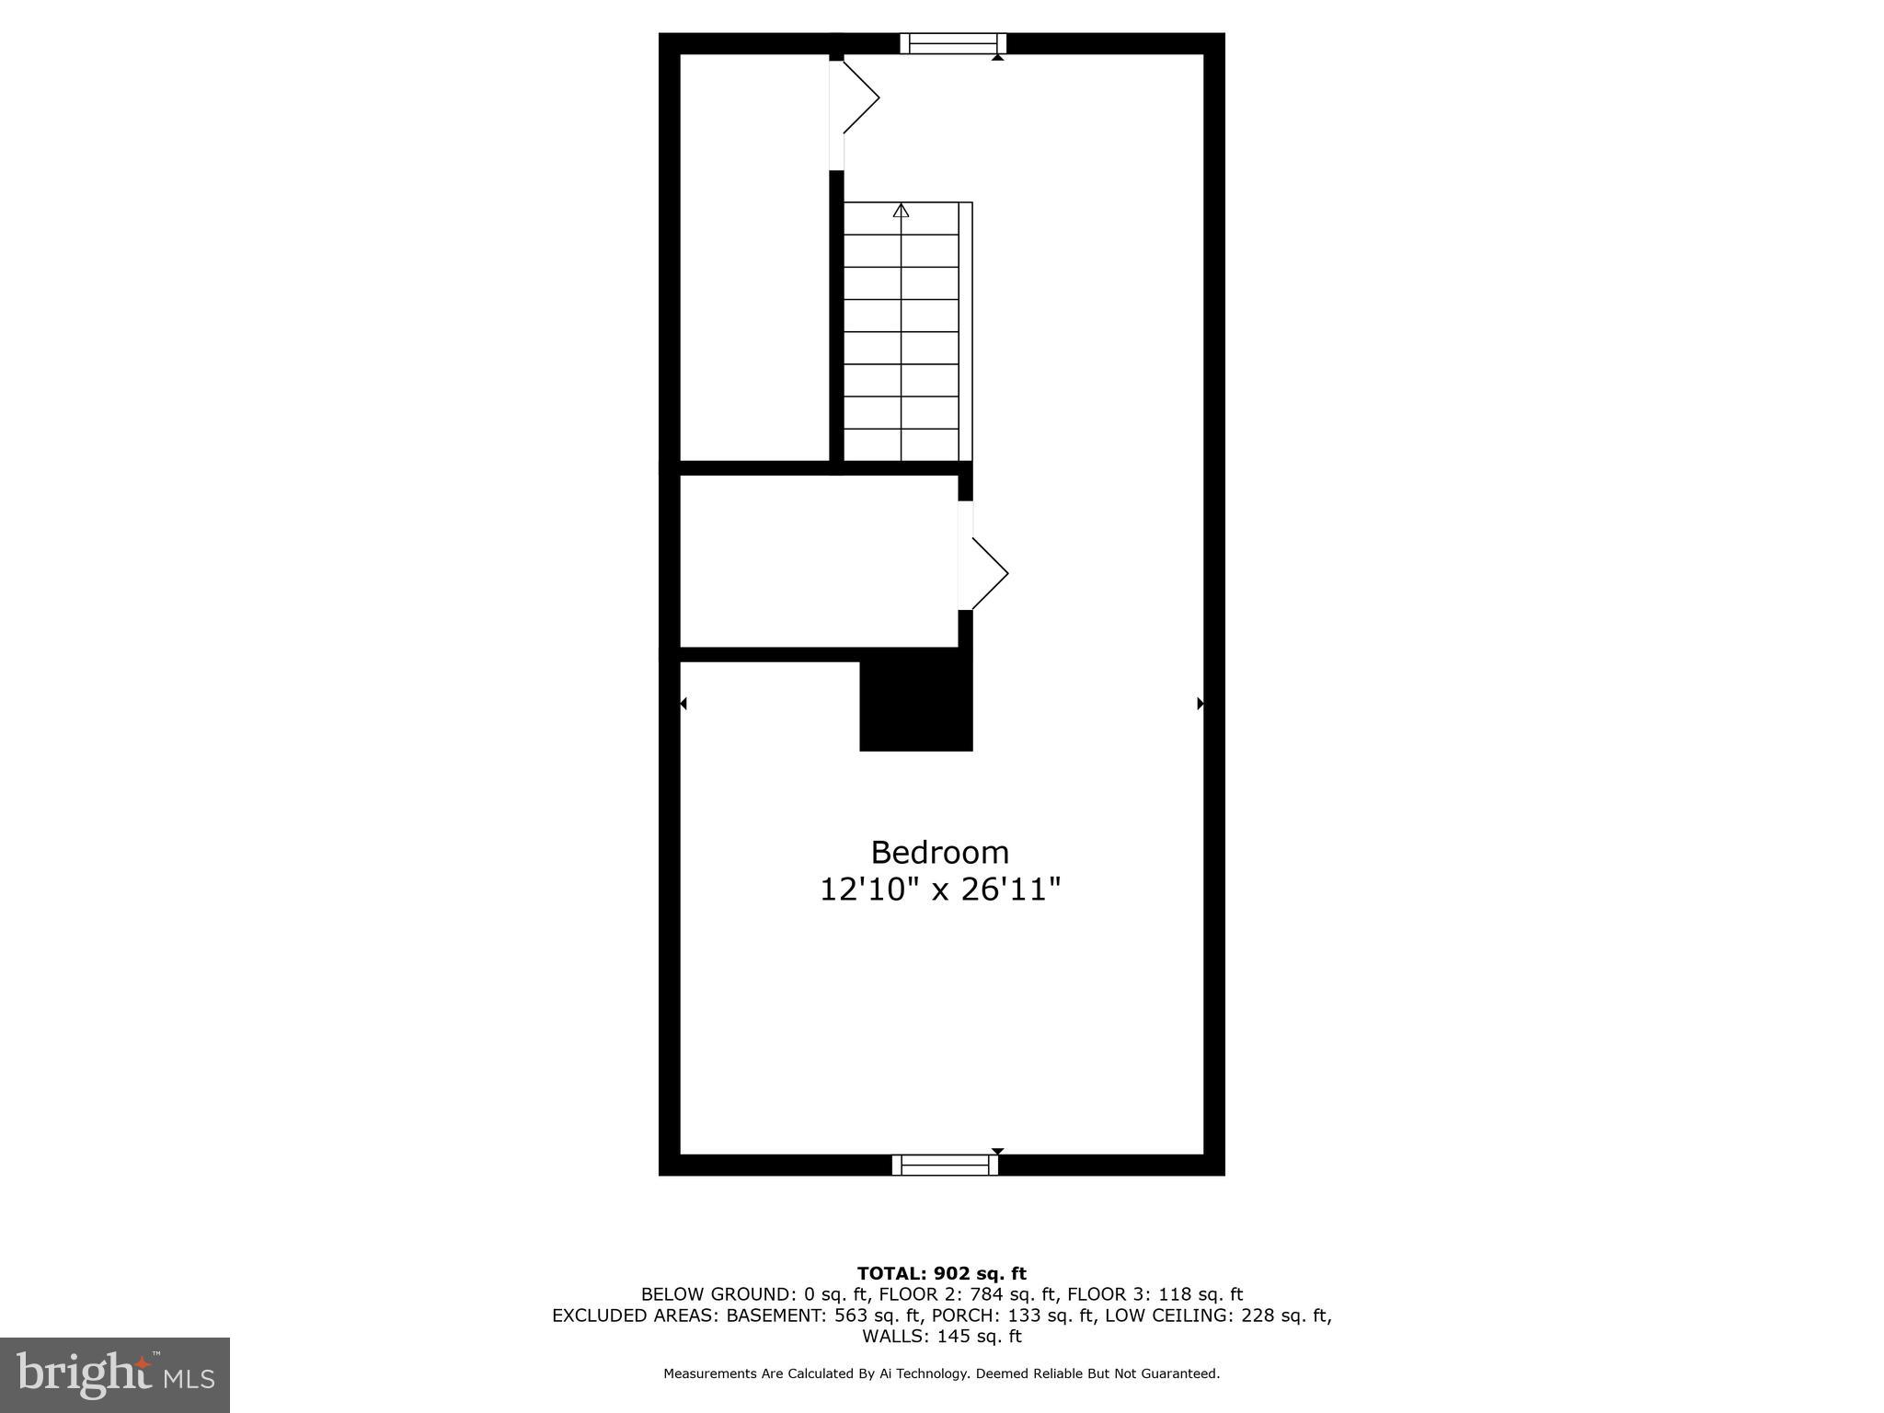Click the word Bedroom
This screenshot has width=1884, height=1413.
point(939,853)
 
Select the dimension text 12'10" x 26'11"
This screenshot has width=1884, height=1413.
point(940,890)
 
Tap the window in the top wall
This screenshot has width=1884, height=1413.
point(953,43)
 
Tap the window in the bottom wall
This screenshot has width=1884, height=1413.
point(945,1165)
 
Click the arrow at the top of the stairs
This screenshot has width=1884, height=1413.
point(901,211)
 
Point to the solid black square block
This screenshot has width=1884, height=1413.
point(915,705)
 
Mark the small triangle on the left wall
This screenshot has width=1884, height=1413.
point(683,704)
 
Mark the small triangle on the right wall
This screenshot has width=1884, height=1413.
point(1200,704)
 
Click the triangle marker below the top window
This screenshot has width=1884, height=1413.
point(997,57)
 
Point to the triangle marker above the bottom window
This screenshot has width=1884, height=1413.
point(997,1151)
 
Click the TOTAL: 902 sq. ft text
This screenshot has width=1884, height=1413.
point(941,1273)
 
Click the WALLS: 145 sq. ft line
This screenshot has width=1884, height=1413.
point(941,1337)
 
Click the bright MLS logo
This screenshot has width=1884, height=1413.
point(115,1374)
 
